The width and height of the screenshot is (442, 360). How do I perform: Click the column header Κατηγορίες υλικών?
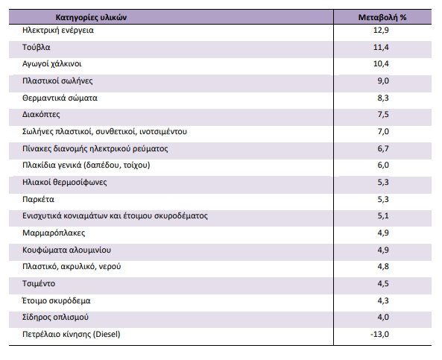coord(91,17)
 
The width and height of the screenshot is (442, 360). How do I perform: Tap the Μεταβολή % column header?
coord(382,17)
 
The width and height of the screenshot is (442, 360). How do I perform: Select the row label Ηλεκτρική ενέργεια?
coord(58,31)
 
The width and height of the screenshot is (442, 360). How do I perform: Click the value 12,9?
coord(381,30)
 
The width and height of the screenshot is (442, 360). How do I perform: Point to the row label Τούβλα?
coord(36,47)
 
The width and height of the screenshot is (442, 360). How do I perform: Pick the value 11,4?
coord(381,47)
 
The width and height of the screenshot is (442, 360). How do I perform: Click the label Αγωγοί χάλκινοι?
coord(52,64)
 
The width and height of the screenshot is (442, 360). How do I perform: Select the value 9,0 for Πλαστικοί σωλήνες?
coord(383,81)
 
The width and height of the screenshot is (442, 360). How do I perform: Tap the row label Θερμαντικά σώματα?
coord(60,98)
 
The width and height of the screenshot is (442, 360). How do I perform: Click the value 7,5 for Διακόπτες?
coord(383,115)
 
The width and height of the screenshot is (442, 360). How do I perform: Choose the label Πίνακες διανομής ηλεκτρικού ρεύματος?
coord(95,148)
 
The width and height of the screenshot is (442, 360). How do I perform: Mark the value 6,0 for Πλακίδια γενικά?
coord(383,165)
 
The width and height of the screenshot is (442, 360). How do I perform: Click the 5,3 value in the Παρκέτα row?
coord(383,199)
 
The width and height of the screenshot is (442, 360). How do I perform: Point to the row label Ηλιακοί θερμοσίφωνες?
coord(65,182)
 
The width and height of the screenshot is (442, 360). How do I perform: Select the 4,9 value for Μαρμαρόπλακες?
coord(383,233)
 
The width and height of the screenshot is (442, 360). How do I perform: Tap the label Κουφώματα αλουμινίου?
coord(66,250)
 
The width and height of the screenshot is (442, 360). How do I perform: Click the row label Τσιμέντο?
coord(39,283)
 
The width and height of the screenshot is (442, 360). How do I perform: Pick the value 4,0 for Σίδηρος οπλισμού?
coord(383,318)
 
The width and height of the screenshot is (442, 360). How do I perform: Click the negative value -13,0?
coord(379,335)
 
